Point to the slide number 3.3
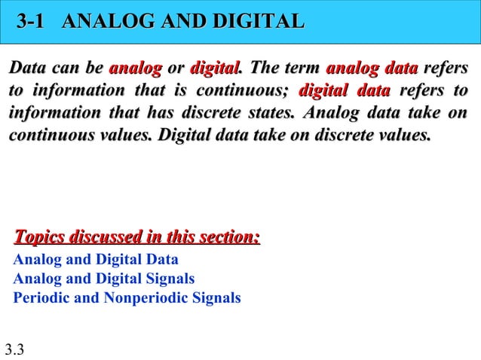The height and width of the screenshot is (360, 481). coord(14,349)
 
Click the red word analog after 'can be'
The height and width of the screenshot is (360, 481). coord(136,69)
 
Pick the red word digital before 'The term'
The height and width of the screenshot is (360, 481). coord(215,69)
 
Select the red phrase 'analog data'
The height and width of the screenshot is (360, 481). coord(372,69)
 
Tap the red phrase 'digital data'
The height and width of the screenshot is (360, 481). coord(345,92)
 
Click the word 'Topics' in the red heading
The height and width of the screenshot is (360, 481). coord(39,238)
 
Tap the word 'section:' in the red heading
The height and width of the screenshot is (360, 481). coord(230,238)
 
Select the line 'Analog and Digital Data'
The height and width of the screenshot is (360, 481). coord(96,261)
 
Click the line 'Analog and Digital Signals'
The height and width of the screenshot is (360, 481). coord(104,279)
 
